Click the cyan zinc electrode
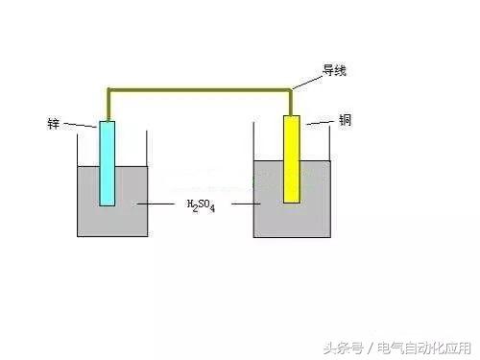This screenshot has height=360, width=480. click(107, 163)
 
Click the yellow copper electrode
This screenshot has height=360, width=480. click(292, 159)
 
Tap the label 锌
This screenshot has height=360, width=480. click(54, 124)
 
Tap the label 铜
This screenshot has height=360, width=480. click(346, 120)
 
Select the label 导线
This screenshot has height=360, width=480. click(334, 70)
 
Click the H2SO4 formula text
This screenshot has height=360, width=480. click(201, 205)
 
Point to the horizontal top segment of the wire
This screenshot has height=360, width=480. click(200, 90)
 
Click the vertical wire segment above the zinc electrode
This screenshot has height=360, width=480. click(108, 105)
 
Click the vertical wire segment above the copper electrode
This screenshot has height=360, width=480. click(291, 103)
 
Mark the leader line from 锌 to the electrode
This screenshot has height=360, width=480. click(80, 125)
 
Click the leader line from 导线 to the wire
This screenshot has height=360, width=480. click(307, 83)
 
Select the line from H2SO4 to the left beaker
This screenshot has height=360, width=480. click(156, 204)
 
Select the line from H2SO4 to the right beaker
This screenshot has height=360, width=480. click(246, 204)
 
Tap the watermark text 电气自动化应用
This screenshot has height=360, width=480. click(424, 348)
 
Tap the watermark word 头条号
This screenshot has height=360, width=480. click(343, 348)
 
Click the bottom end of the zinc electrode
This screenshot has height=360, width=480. click(107, 205)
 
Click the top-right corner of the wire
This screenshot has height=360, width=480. click(291, 90)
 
